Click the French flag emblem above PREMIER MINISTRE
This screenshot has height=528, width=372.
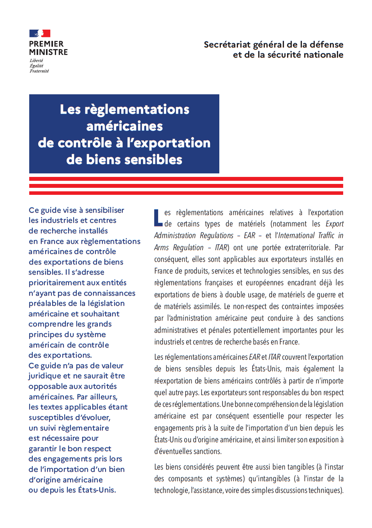pyautogui.click(x=40, y=34)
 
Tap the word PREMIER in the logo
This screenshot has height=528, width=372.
pyautogui.click(x=46, y=44)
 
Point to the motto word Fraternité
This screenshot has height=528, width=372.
pyautogui.click(x=39, y=71)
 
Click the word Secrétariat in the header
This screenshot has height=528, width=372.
pyautogui.click(x=227, y=45)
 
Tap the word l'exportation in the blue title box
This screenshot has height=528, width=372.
pyautogui.click(x=168, y=143)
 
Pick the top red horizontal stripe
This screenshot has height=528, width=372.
pyautogui.click(x=186, y=179)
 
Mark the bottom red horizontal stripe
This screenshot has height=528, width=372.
pyautogui.click(x=186, y=193)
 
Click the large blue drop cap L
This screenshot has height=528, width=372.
pyautogui.click(x=158, y=218)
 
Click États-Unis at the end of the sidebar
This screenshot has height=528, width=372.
pyautogui.click(x=97, y=490)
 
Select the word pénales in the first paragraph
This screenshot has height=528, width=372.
pyautogui.click(x=220, y=330)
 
